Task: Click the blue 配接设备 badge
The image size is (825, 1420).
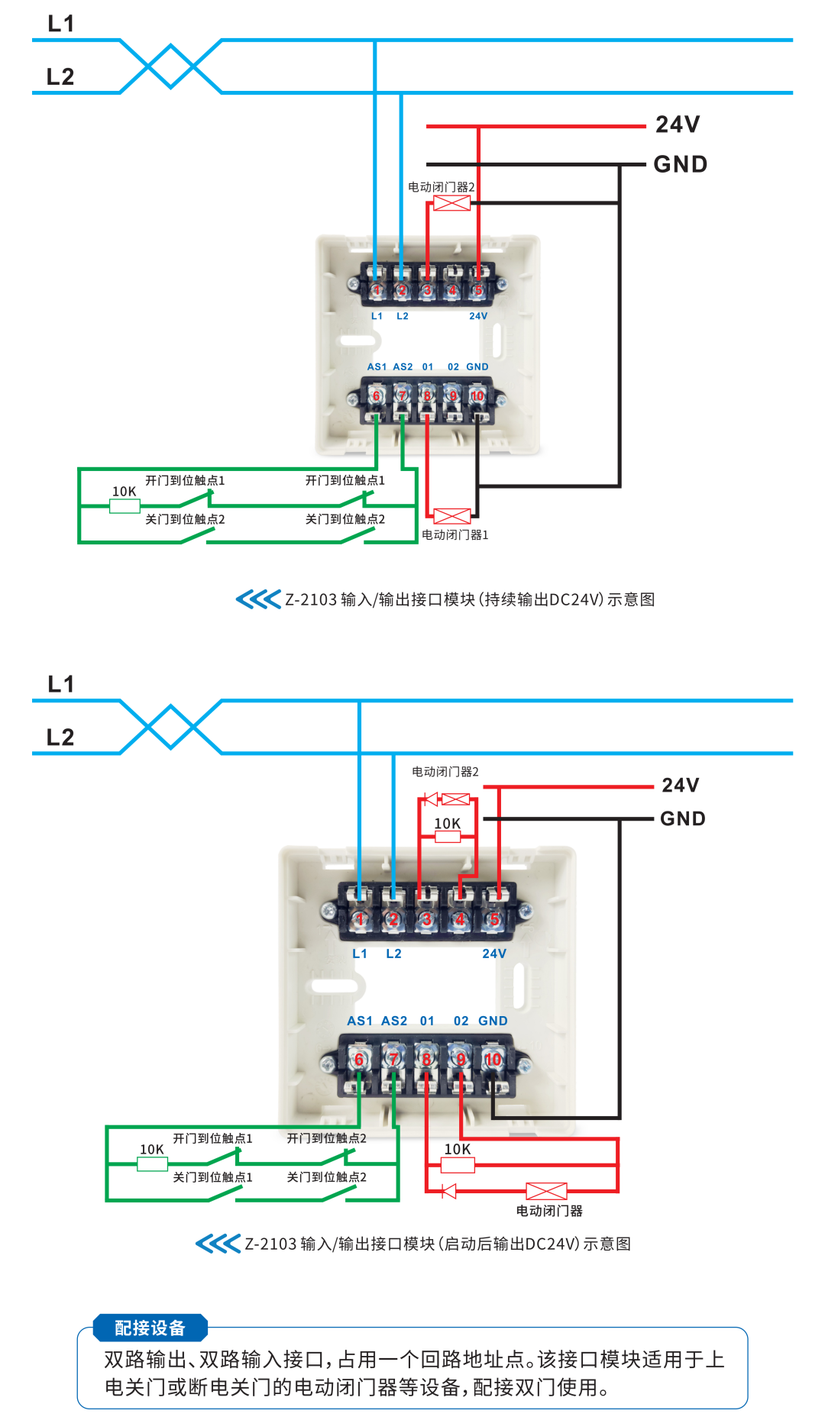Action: pyautogui.click(x=150, y=1328)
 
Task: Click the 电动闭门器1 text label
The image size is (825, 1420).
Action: pyautogui.click(x=455, y=535)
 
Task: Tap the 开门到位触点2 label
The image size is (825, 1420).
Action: pyautogui.click(x=326, y=1138)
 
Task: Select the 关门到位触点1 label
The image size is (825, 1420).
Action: pyautogui.click(x=212, y=1177)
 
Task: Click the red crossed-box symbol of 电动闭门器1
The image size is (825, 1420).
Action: pyautogui.click(x=452, y=516)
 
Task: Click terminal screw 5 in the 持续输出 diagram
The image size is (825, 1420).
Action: pyautogui.click(x=478, y=290)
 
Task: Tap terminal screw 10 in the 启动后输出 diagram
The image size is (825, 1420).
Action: pyautogui.click(x=493, y=1059)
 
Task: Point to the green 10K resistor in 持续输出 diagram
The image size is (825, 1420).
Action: pyautogui.click(x=125, y=505)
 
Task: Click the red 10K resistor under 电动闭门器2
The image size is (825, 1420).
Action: pyautogui.click(x=447, y=836)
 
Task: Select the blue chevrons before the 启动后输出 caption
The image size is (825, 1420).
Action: pyautogui.click(x=218, y=1244)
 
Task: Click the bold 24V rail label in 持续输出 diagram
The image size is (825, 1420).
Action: pyautogui.click(x=678, y=124)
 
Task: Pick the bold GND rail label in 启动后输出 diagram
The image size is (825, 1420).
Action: pyautogui.click(x=682, y=818)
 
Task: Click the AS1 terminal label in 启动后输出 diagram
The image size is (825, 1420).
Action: pyautogui.click(x=359, y=1021)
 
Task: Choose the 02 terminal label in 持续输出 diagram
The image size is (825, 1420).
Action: pyautogui.click(x=453, y=367)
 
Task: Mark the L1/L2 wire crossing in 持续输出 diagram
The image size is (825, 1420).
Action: pyautogui.click(x=171, y=66)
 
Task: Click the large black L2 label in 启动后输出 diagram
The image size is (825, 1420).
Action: pyautogui.click(x=60, y=737)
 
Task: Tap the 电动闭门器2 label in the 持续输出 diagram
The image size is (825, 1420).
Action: pyautogui.click(x=441, y=187)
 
